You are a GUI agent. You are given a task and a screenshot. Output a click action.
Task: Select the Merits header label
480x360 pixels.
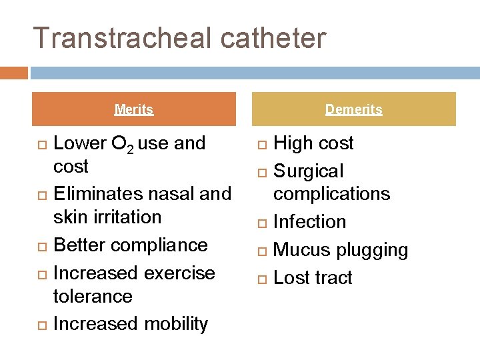[x=134, y=109]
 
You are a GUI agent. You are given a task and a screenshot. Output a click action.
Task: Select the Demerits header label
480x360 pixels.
[x=353, y=109]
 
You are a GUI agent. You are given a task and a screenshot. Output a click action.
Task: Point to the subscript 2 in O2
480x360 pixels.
[x=131, y=149]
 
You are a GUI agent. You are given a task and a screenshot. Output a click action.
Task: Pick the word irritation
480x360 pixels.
[x=126, y=217]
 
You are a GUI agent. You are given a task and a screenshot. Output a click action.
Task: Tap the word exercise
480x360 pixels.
[x=179, y=273]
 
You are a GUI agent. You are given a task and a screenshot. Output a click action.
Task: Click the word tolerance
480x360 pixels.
[x=93, y=296]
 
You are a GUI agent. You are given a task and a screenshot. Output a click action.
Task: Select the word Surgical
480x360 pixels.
[x=309, y=171]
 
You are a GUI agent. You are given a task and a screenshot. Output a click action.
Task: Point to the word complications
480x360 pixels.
[x=331, y=194]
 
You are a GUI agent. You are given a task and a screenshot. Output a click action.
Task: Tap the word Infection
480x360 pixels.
[x=309, y=222]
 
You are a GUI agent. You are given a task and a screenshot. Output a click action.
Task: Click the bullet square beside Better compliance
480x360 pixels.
[x=39, y=246]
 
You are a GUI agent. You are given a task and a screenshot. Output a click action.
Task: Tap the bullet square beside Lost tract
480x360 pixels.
[x=260, y=279]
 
